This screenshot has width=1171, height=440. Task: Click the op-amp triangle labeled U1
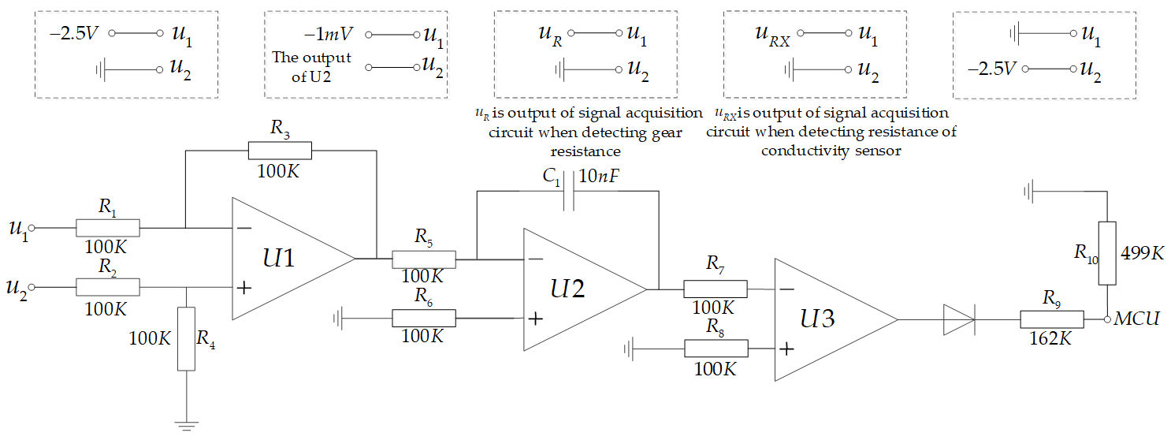284,259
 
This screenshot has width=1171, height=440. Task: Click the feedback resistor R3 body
280,150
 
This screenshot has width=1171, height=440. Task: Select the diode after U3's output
958,320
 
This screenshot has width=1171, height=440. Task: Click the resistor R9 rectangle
1052,320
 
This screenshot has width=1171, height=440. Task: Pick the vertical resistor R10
1107,252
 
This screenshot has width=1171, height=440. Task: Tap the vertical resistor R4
186,339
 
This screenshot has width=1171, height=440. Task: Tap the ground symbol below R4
186,427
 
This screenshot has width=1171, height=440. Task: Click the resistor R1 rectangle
107,228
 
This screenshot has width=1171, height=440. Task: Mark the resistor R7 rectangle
715,289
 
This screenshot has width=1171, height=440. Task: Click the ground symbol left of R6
338,319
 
